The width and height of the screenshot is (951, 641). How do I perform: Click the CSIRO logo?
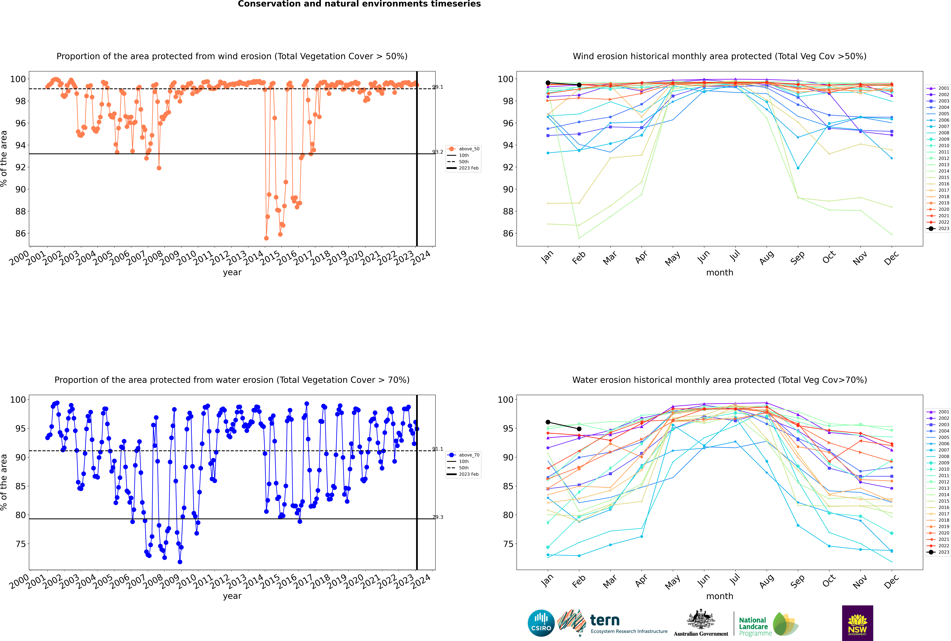point(541,623)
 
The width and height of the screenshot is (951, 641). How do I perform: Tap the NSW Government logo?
point(857,623)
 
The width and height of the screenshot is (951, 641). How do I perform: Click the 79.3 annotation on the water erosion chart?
point(438,517)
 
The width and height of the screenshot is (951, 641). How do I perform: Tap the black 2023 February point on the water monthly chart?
point(579,429)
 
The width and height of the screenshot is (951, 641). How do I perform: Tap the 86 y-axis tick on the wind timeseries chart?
point(20,233)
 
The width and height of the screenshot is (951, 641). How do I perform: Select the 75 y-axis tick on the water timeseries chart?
point(20,544)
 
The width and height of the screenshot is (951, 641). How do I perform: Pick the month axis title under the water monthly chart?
point(720,596)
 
